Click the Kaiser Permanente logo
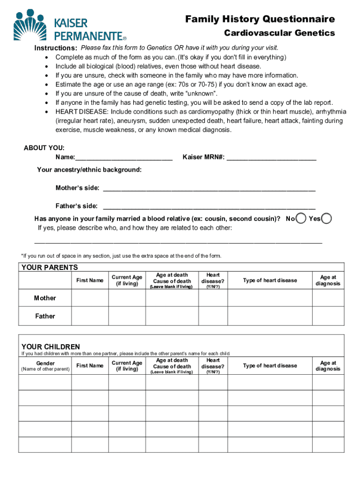click(70, 25)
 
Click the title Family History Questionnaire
click(260, 19)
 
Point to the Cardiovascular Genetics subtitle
click(279, 33)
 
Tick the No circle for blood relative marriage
click(302, 218)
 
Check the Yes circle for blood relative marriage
click(327, 218)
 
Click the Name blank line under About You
click(123, 158)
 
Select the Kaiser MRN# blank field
click(271, 158)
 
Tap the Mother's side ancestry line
click(209, 189)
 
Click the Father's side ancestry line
click(209, 206)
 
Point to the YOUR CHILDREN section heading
click(50, 347)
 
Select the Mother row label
click(45, 298)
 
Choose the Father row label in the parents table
click(45, 316)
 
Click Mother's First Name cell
click(90, 298)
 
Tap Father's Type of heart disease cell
click(270, 316)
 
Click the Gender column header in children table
click(45, 363)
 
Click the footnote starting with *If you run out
click(121, 256)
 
